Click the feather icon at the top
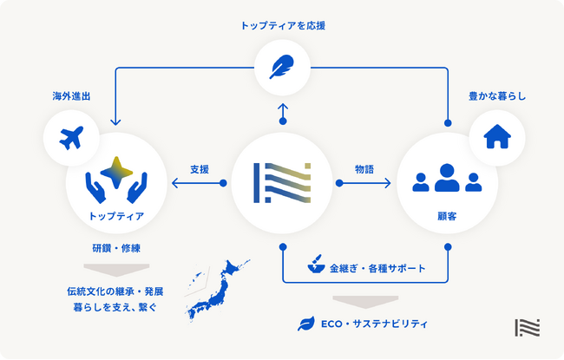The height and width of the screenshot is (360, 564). pos(282,68)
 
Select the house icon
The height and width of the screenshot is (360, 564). pos(496,137)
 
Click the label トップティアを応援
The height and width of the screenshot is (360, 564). pos(282,26)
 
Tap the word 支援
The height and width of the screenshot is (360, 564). pos(200,170)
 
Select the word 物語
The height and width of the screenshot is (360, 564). pos(364,170)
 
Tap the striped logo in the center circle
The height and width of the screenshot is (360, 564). pos(282,182)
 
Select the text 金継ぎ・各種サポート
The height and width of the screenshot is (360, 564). pos(377,269)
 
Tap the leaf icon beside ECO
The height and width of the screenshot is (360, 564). pos(306,324)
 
